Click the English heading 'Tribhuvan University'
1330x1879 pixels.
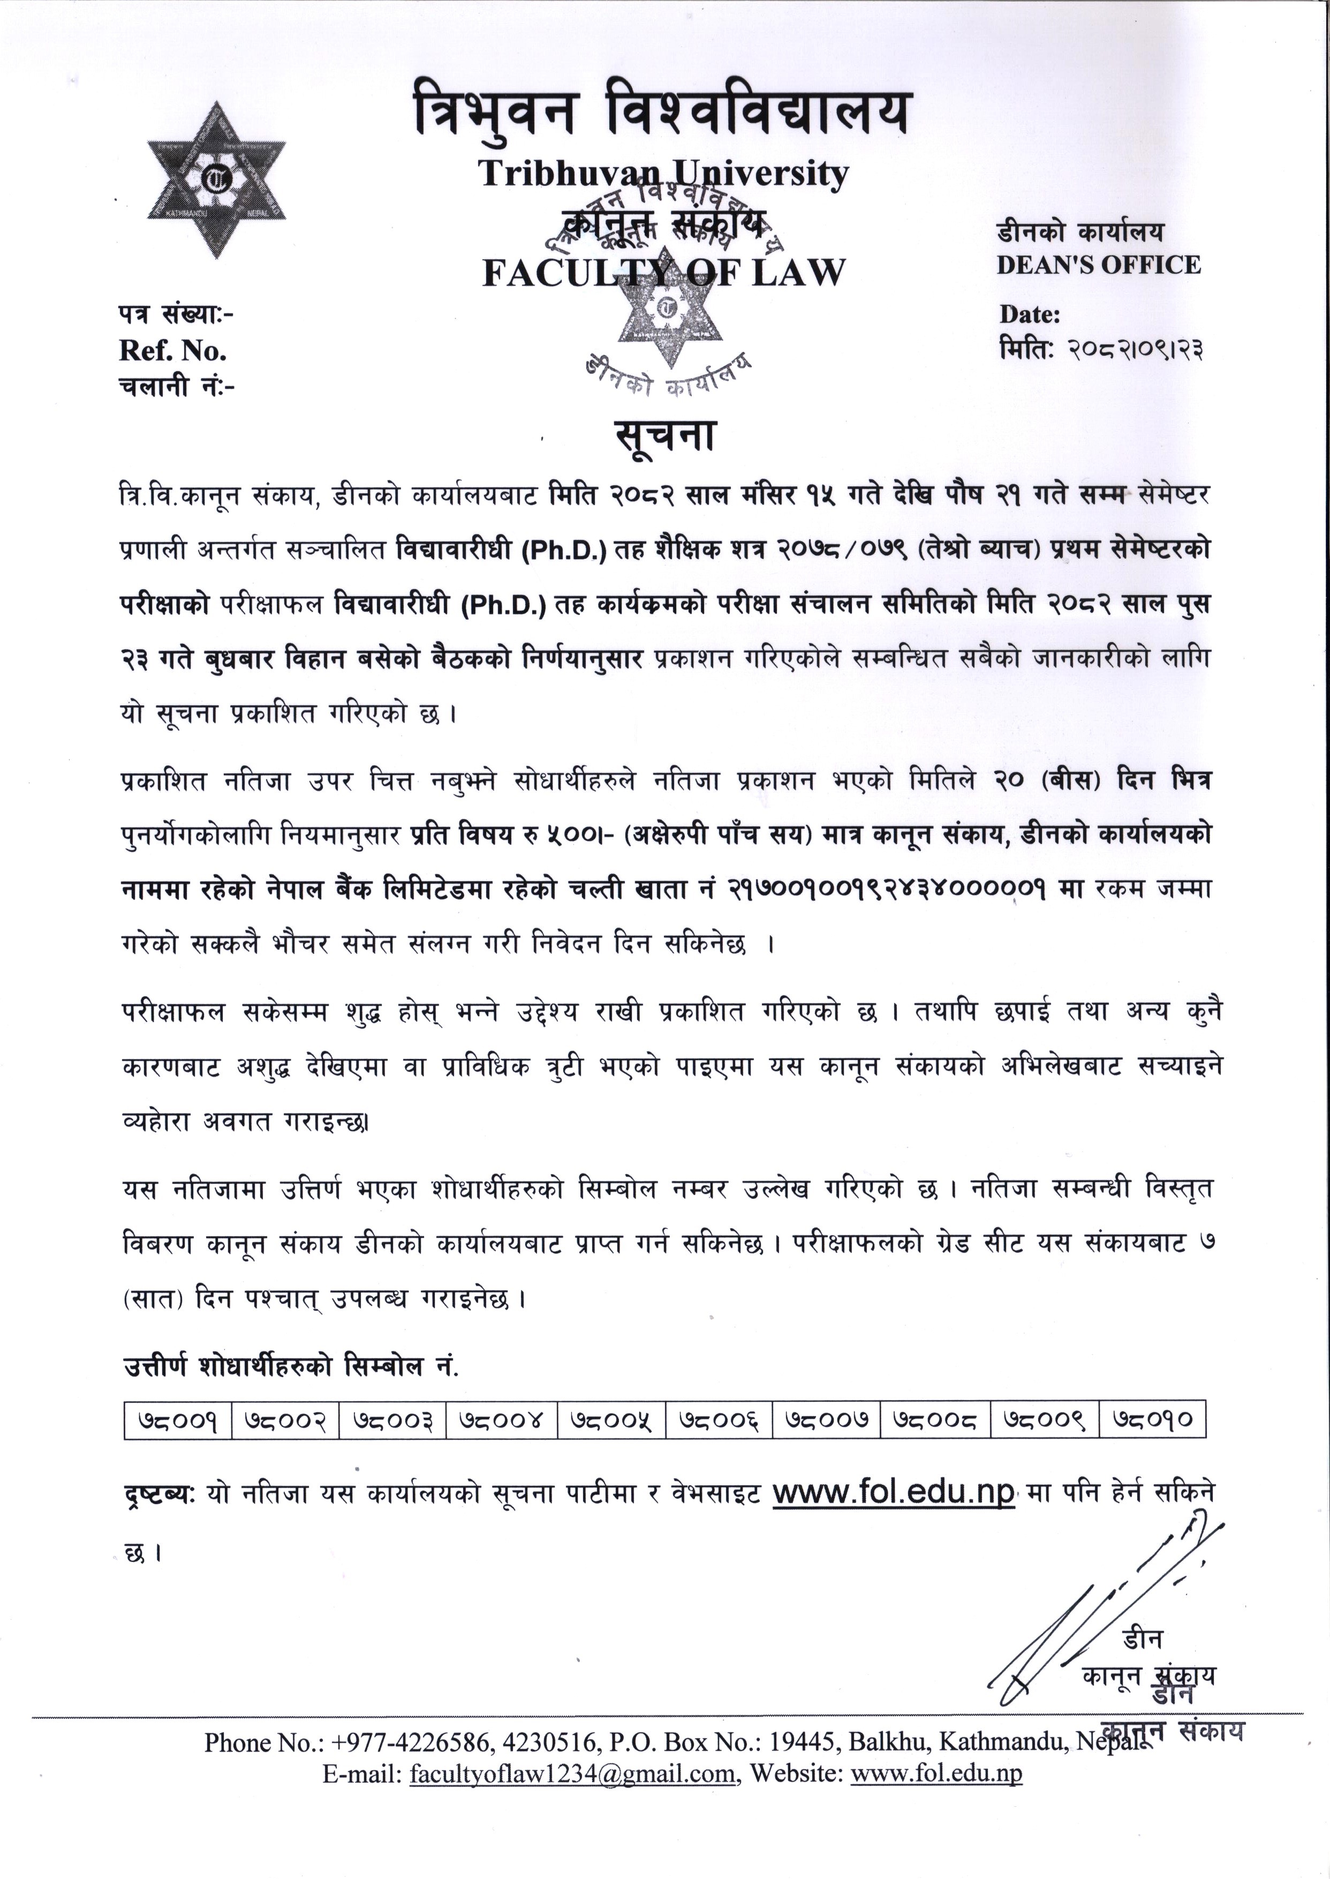(x=663, y=173)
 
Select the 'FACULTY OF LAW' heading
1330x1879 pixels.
(x=663, y=273)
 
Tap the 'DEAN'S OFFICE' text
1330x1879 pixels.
(x=1098, y=265)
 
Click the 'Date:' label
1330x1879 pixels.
(x=1030, y=314)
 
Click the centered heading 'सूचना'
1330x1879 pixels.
(x=665, y=436)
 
